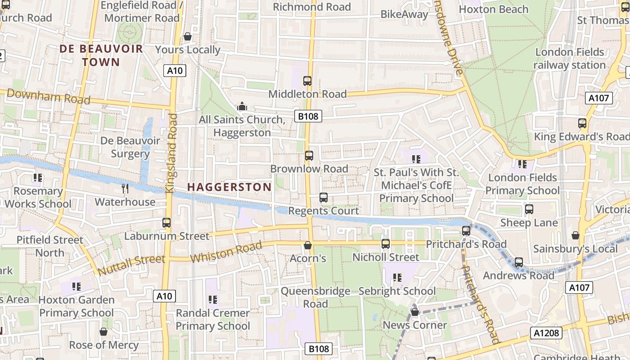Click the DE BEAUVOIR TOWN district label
pos(101,55)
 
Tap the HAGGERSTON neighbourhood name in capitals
pos(229,187)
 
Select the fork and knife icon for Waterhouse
pos(126,189)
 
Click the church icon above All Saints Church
pos(242,107)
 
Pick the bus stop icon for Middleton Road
pos(307,81)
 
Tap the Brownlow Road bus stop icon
pos(309,156)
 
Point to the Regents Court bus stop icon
pos(324,198)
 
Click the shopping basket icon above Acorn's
pos(308,245)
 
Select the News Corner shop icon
pos(415,311)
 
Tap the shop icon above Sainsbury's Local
pos(575,235)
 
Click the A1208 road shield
pos(546,333)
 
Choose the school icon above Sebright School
pos(397,278)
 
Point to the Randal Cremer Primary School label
pos(213,319)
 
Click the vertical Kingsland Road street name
pos(171,153)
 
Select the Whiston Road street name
pos(226,252)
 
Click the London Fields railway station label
pos(570,58)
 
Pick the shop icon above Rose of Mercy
pos(103,332)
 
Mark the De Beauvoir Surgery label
pos(130,147)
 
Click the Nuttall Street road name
pos(131,265)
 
